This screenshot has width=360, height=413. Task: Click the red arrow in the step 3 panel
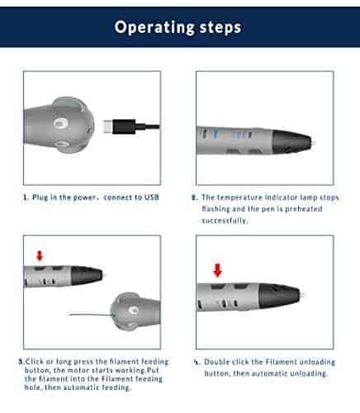[40, 256]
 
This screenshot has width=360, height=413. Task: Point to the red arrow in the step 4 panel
[217, 270]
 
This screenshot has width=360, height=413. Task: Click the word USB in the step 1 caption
[152, 197]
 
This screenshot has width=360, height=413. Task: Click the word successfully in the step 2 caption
[225, 221]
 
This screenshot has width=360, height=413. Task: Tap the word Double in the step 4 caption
[216, 362]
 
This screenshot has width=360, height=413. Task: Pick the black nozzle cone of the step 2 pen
[291, 141]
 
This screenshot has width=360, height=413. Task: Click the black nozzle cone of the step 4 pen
[279, 296]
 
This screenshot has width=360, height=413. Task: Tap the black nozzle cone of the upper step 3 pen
[87, 275]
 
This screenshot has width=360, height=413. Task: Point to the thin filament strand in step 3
[91, 315]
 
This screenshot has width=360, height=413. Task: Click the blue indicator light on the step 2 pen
[216, 134]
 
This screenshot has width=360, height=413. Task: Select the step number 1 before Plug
[26, 197]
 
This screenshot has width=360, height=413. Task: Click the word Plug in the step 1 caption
[40, 197]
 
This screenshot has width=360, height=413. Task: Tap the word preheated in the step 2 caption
[304, 209]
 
